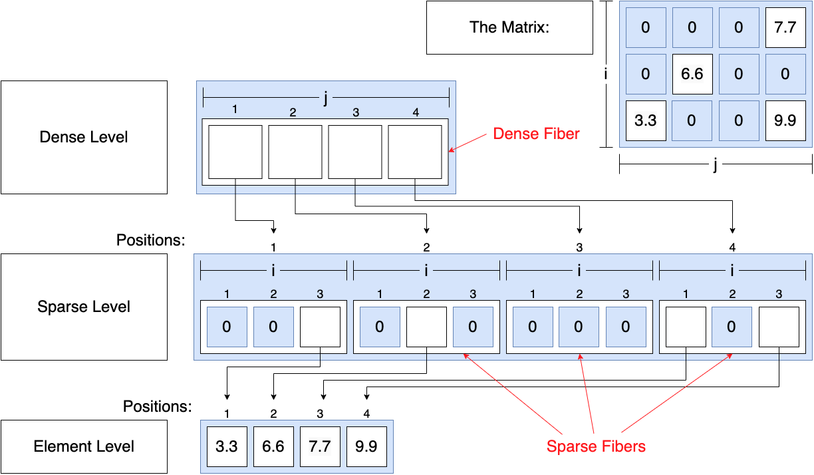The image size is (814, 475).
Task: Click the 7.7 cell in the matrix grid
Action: [785, 27]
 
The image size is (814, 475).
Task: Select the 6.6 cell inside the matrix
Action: [692, 74]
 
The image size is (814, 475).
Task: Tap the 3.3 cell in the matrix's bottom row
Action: [646, 120]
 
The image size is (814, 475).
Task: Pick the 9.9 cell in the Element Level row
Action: [366, 446]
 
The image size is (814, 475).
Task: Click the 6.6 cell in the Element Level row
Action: [273, 446]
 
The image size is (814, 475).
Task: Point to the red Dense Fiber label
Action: [536, 134]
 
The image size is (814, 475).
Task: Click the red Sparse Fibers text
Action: [596, 446]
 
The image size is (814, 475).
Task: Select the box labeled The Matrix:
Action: [509, 27]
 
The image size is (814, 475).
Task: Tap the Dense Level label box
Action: [84, 137]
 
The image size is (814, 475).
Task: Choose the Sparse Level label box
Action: [84, 307]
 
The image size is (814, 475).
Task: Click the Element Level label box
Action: [84, 446]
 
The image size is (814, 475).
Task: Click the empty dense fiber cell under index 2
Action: [295, 152]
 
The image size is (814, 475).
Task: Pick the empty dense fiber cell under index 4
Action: [415, 152]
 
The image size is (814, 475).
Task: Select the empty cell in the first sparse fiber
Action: [320, 327]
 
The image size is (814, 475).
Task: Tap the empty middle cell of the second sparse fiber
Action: [426, 327]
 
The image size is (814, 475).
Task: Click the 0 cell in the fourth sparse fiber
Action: [732, 327]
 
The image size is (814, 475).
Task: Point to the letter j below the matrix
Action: [715, 164]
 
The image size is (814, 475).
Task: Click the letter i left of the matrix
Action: [605, 74]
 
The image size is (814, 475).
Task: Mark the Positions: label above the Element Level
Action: [157, 406]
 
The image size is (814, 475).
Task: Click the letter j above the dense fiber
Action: [325, 98]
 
